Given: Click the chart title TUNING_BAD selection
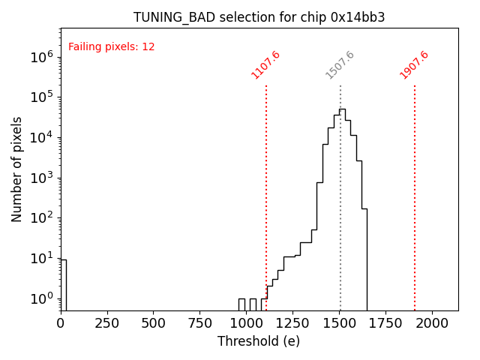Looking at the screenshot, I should tap(259, 17).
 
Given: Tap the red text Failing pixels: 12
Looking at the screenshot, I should tap(112, 46).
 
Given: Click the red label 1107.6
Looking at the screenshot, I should tap(266, 64).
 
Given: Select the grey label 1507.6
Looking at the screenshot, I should tap(340, 64).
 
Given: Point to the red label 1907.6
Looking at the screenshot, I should tap(415, 64).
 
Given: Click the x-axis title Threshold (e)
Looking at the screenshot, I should tap(259, 341).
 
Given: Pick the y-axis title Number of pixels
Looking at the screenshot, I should tap(17, 169).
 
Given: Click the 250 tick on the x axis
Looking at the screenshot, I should tap(107, 322).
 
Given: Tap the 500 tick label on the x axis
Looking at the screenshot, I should tap(154, 322).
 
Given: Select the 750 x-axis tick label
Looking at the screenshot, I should tap(200, 322).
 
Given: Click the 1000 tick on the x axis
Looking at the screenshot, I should tap(247, 322).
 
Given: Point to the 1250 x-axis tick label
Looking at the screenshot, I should tap(293, 322).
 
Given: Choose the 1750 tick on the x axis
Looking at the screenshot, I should tap(386, 322).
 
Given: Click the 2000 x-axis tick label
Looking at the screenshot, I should tap(433, 322).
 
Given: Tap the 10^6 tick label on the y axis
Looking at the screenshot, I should tap(42, 56).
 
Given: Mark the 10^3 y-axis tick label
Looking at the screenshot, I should tap(42, 178).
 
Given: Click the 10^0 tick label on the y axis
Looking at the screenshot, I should tap(42, 299).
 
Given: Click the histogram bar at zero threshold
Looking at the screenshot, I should tap(64, 285).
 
